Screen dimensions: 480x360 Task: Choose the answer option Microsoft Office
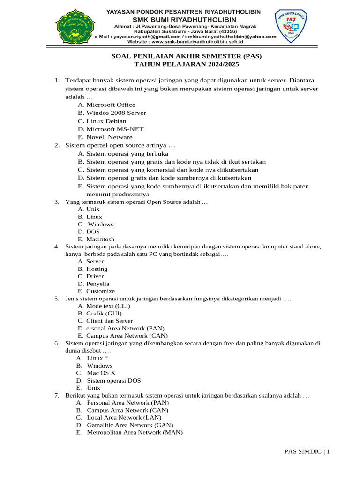pos(111,105)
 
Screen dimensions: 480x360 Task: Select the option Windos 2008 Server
pos(116,112)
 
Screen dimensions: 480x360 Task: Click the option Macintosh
pos(100,239)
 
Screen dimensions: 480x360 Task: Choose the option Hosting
pos(97,269)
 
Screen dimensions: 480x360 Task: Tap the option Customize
pos(100,291)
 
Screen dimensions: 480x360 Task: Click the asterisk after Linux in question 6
pos(106,358)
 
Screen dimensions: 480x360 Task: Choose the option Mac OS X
pos(101,373)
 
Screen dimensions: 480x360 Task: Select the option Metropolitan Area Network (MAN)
pos(135,432)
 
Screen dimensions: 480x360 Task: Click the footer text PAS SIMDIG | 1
pos(307,451)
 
